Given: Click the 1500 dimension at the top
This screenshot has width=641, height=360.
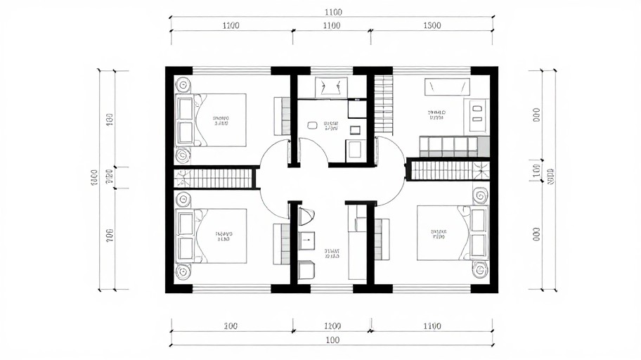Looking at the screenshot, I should coord(432,26).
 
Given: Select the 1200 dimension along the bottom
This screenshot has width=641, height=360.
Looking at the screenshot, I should coord(332,326).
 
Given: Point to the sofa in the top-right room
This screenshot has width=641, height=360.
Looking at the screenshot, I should coord(453,147).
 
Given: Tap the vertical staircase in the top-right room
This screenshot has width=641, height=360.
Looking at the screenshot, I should coord(383,105).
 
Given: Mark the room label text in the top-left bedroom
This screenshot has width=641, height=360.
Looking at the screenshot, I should coord(221,120).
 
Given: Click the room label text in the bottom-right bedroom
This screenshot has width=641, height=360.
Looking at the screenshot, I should coord(439,234).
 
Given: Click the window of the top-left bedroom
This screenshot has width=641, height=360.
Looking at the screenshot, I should coord(232,70).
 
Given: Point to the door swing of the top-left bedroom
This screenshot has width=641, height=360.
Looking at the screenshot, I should coord(274,153).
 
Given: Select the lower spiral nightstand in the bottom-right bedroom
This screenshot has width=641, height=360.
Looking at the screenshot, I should coord(480,270).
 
